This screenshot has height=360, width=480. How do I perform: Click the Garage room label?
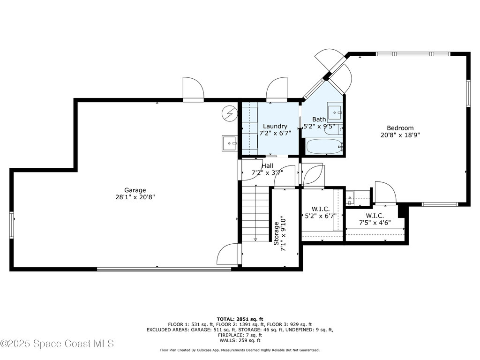coord(135,190)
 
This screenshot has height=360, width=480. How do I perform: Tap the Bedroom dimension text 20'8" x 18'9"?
coord(400,135)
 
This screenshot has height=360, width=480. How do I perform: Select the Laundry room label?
coord(275,126)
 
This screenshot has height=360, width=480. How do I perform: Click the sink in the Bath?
coord(335,112)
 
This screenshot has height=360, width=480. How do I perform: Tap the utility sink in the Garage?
coord(229,142)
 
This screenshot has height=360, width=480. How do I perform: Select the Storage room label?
coord(277,233)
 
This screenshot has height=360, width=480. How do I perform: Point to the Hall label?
coord(268,165)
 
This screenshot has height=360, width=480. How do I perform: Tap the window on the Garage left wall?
coord(12,225)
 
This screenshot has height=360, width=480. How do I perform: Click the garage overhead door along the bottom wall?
coord(164,269)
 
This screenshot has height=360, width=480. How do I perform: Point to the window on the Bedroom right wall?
coord(468,93)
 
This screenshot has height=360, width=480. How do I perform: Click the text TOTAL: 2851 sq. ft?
coord(240,319)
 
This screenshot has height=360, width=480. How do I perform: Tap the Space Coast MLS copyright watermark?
coord(57,344)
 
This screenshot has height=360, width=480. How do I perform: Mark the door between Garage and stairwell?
coord(229,254)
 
